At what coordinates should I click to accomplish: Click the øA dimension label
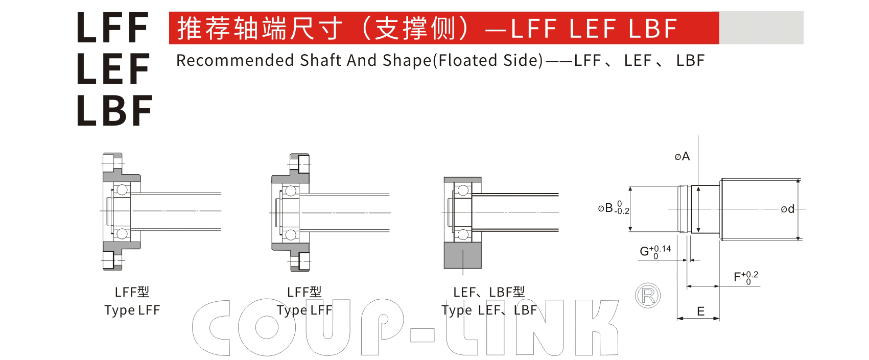[x=682, y=156]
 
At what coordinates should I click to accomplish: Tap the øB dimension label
[x=605, y=208]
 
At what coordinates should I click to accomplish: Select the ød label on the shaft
[x=788, y=209]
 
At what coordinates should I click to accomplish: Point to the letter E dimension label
[x=700, y=311]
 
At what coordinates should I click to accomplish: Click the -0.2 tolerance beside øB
[x=622, y=211]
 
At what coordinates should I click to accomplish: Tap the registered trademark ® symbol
[x=648, y=296]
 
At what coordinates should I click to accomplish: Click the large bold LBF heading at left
[x=115, y=111]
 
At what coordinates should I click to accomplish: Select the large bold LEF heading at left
[x=113, y=68]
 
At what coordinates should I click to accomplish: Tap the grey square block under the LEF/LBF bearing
[x=462, y=255]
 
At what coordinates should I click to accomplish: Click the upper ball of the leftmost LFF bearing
[x=122, y=189]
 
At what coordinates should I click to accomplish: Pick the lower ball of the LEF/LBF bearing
[x=463, y=234]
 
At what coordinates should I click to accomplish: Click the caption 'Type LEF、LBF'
[x=489, y=310]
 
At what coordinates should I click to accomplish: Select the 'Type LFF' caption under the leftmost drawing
[x=132, y=310]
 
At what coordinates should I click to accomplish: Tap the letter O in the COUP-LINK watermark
[x=267, y=327]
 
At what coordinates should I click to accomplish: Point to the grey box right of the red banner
[x=761, y=28]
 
